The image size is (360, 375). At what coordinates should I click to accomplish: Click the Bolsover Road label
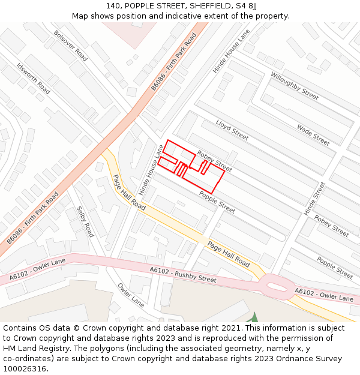70,46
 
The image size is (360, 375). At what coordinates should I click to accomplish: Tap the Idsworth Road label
33,79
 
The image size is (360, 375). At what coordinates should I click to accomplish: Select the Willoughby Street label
294,85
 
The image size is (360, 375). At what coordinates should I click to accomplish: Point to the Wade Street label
313,135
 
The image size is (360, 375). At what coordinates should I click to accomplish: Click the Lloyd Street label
232,130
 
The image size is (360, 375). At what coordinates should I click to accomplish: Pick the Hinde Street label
314,199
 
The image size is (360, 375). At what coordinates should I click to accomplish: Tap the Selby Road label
85,221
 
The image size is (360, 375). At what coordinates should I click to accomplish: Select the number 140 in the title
114,5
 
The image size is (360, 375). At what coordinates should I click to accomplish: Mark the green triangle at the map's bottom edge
254,318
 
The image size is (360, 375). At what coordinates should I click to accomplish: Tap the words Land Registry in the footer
44,349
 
